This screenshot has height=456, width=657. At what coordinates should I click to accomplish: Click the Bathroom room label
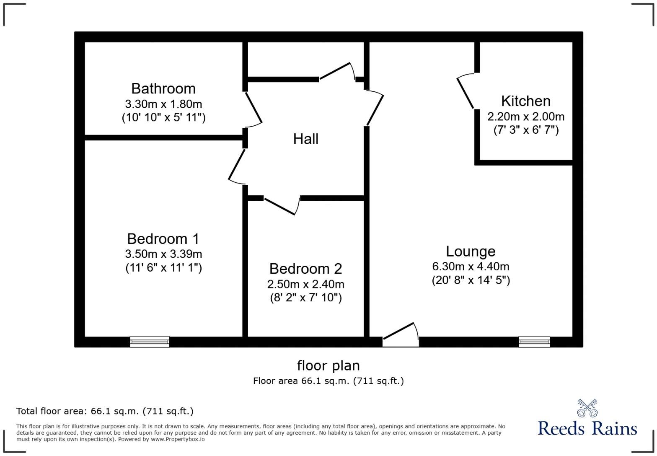pyautogui.click(x=163, y=89)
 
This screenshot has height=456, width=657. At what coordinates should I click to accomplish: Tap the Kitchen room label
pyautogui.click(x=525, y=101)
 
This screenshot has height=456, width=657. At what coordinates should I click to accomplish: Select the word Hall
pyautogui.click(x=305, y=139)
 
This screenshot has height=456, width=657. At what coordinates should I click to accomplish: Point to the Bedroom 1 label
pyautogui.click(x=163, y=239)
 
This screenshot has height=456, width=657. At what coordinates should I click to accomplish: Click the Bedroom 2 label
pyautogui.click(x=305, y=269)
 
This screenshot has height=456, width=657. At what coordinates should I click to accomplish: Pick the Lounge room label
pyautogui.click(x=471, y=251)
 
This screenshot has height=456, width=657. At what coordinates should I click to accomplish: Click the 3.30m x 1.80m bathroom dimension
pyautogui.click(x=163, y=104)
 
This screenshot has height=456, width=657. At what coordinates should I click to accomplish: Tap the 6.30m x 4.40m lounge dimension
pyautogui.click(x=471, y=267)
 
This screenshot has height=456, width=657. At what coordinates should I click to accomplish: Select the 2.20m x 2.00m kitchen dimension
pyautogui.click(x=525, y=117)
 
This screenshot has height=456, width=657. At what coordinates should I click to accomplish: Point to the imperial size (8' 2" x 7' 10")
pyautogui.click(x=305, y=298)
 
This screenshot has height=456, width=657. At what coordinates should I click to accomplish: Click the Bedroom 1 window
pyautogui.click(x=150, y=342)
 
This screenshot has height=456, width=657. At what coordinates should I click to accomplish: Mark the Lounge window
pyautogui.click(x=534, y=342)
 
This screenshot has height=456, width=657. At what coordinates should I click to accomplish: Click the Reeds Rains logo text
pyautogui.click(x=587, y=428)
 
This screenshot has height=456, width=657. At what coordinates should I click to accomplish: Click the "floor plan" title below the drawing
pyautogui.click(x=328, y=365)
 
